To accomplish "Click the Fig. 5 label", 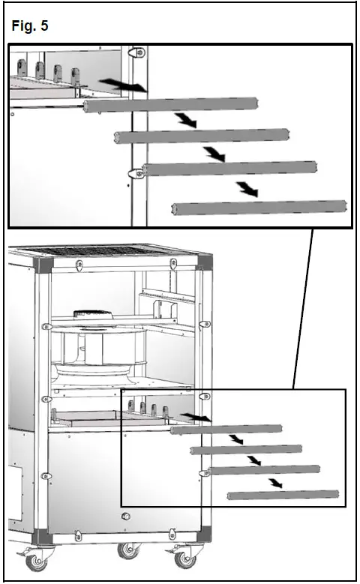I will [31, 26].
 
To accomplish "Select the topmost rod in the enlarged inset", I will [172, 106].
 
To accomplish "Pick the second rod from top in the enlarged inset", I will [202, 136].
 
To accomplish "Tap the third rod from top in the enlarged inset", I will [229, 168].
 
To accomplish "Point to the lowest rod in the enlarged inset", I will [259, 208].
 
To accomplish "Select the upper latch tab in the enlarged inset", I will [137, 53].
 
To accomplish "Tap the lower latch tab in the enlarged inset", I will [136, 173].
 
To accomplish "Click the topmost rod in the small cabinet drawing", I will [225, 430].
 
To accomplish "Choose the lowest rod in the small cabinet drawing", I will [283, 495].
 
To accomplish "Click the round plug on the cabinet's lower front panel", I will [126, 517].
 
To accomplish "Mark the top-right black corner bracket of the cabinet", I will [205, 265].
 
